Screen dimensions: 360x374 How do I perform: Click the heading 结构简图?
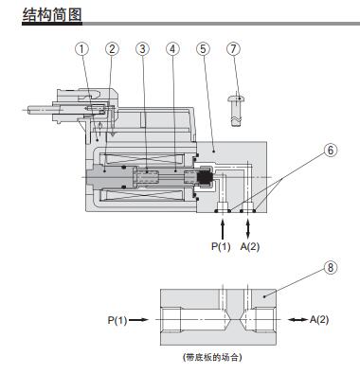coord(52,15)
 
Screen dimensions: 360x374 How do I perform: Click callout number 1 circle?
coord(82,49)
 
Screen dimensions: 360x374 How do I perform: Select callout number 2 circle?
coord(112,49)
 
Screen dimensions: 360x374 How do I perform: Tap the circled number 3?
coord(142,49)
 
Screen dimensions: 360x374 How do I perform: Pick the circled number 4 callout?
coord(172,49)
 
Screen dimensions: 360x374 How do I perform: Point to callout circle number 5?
coord(203,49)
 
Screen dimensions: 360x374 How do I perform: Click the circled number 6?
coord(331,151)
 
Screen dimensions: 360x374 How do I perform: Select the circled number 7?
coord(233,49)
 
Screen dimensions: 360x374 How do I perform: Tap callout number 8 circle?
coord(331,268)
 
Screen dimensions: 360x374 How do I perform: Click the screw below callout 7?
coord(237,111)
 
